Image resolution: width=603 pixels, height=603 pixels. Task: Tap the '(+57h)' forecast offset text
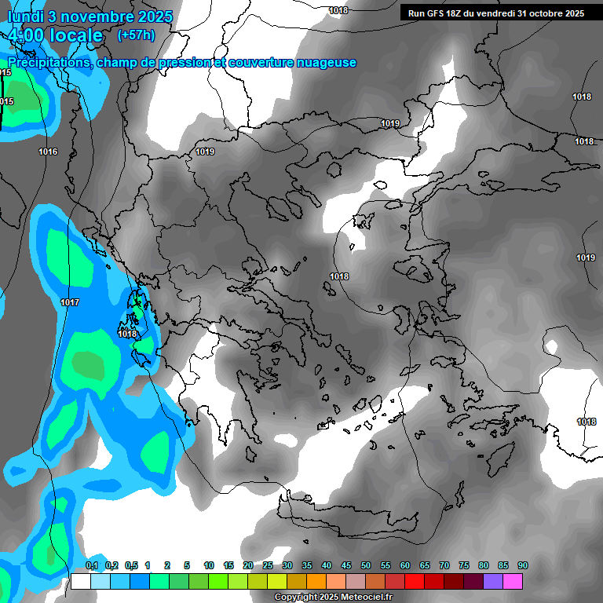point(136,35)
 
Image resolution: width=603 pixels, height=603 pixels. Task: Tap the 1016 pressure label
point(48,152)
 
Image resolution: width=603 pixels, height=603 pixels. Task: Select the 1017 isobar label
point(70,302)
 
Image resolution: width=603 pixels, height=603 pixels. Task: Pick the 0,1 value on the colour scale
point(91,566)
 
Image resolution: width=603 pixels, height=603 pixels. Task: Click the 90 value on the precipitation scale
point(522,566)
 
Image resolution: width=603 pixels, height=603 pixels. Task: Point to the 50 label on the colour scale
point(365,566)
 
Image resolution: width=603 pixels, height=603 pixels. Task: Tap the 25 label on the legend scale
point(268,566)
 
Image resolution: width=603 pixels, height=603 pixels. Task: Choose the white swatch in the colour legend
point(80,582)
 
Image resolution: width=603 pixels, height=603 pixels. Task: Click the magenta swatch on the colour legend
point(513,582)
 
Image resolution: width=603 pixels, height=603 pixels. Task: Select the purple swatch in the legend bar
point(493,582)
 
